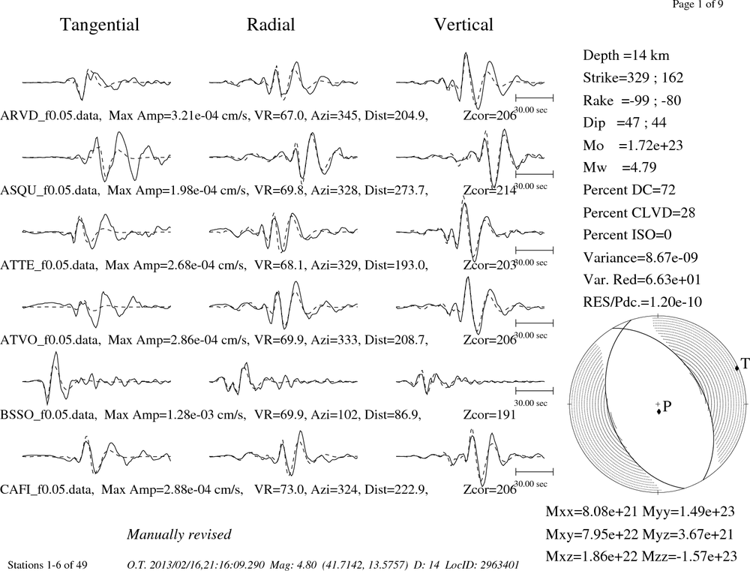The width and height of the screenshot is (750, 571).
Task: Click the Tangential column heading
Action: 100,25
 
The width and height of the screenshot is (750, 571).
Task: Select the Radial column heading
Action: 271,25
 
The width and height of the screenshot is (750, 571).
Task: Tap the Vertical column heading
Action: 463,25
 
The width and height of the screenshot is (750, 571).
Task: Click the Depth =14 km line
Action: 626,56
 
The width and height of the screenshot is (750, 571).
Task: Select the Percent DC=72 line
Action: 629,190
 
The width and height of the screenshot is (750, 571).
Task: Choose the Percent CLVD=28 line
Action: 639,212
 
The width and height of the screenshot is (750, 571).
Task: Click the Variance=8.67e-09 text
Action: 640,257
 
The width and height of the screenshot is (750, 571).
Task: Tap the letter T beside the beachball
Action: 745,364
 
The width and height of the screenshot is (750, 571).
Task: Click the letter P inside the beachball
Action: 667,407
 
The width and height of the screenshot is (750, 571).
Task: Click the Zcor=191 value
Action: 490,414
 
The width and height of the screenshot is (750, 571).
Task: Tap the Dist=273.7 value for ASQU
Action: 396,191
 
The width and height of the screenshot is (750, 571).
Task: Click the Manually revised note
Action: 179,535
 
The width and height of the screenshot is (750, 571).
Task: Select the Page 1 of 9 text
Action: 697,5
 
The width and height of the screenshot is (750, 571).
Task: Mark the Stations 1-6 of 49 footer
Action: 47,565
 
